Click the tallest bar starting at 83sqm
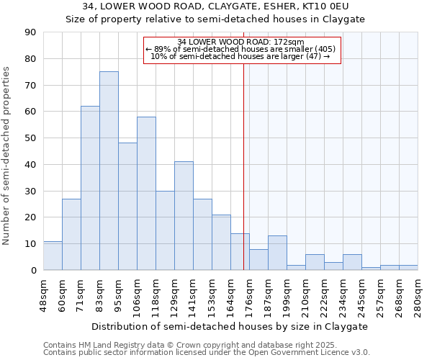tap(109, 171)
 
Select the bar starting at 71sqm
tap(90, 188)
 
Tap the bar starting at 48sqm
tap(53, 256)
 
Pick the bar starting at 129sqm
tap(184, 216)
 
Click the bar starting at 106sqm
tap(146, 193)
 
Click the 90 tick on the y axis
tap(32, 32)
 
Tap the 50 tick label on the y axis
tap(32, 138)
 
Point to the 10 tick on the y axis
tap(32, 244)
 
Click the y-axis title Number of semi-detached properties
tap(7, 156)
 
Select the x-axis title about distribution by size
tap(230, 326)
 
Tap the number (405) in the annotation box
tap(324, 49)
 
